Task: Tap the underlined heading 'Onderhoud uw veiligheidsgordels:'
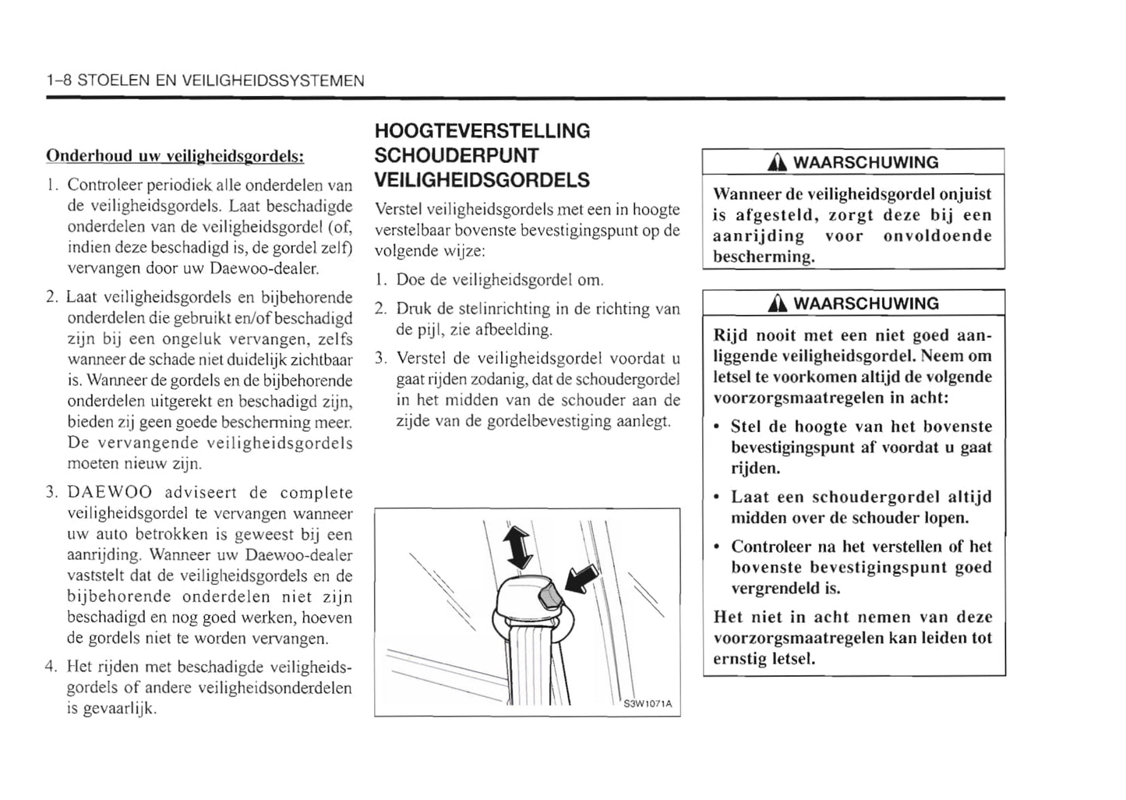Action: point(175,156)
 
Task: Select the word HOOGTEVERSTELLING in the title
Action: point(482,131)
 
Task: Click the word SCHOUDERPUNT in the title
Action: point(457,156)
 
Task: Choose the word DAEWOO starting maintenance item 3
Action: point(109,493)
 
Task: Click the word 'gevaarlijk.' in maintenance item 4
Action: point(112,709)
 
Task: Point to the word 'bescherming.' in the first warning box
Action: point(764,257)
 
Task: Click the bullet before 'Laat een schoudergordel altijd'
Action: point(717,497)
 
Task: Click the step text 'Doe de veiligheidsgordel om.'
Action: point(499,280)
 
